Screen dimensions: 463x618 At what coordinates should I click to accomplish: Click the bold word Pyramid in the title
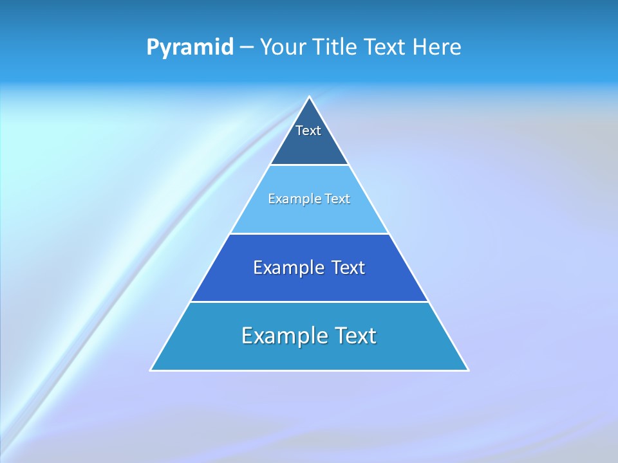pos(190,48)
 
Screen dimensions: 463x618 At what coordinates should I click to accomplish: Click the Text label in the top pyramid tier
pos(308,131)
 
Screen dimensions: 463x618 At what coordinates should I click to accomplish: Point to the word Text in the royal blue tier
pos(348,268)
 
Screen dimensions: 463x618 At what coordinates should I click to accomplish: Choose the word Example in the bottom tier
pos(283,336)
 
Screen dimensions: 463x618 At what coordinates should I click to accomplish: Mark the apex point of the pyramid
pos(310,97)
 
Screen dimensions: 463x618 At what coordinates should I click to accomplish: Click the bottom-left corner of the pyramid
pos(151,370)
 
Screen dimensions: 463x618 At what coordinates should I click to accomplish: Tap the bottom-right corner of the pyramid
pos(468,370)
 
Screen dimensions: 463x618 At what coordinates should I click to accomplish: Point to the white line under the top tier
pos(310,165)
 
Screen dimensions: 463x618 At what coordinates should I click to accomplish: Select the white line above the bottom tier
pos(310,302)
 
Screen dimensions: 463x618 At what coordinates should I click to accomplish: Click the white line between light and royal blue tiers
pos(310,233)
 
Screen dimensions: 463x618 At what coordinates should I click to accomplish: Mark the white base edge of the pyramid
pos(310,370)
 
